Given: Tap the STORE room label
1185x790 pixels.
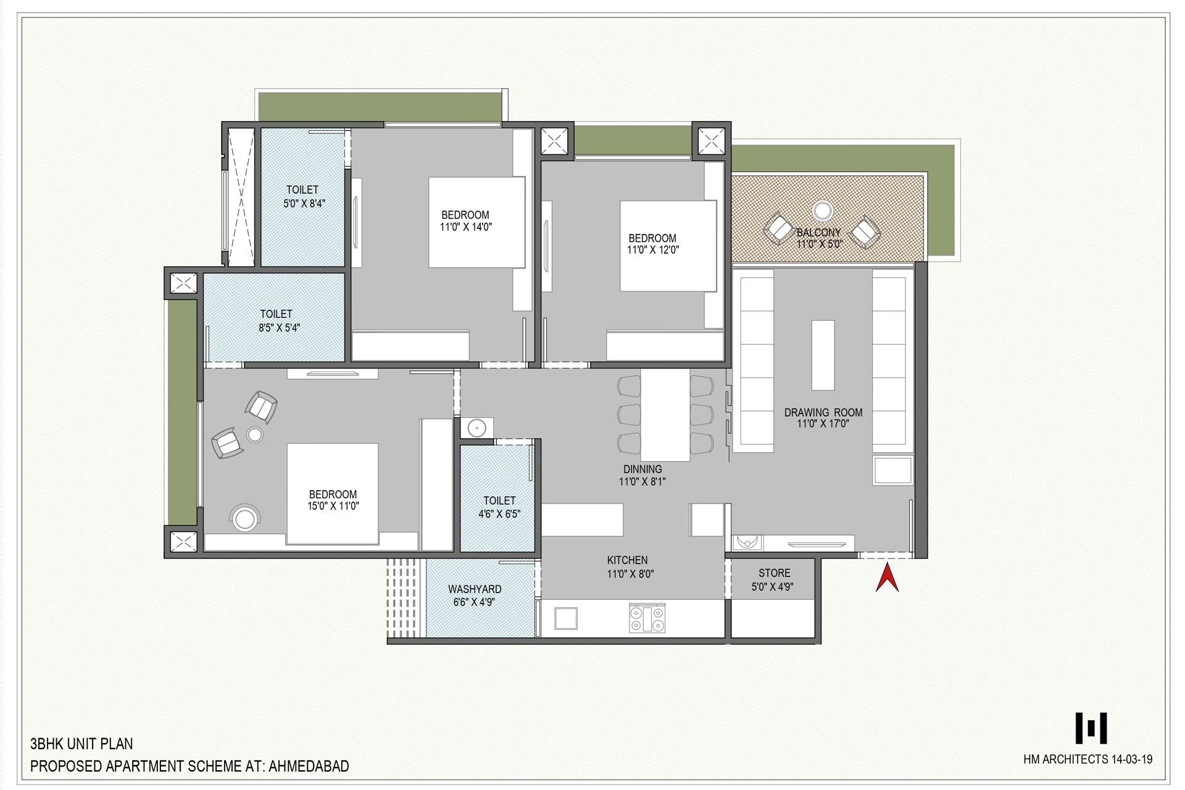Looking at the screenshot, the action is [x=774, y=573].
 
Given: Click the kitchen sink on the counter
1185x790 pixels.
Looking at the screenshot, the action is [x=566, y=618].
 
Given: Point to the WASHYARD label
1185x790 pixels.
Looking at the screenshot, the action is [x=475, y=589].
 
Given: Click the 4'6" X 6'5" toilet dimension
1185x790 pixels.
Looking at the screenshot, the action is [x=499, y=513].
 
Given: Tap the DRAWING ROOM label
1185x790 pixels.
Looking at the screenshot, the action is [x=823, y=412].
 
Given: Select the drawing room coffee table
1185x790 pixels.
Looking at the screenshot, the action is [x=823, y=355].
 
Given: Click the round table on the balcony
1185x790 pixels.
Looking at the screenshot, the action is [x=822, y=211].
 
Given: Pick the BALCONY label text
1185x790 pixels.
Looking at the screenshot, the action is [x=819, y=233].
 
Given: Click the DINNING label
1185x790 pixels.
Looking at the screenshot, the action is [x=642, y=470].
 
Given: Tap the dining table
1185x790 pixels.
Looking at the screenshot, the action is [x=665, y=415].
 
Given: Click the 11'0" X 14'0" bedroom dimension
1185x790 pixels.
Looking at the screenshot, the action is [x=465, y=227].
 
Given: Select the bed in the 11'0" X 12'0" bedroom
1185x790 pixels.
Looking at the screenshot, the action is [x=668, y=246].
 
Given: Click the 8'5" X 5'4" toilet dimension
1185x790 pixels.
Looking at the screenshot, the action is [x=279, y=328].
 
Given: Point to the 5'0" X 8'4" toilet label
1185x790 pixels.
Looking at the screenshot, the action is [x=302, y=189].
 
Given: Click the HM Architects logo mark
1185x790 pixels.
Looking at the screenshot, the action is [x=1091, y=728].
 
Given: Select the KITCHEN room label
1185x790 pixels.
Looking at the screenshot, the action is [x=627, y=560].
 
